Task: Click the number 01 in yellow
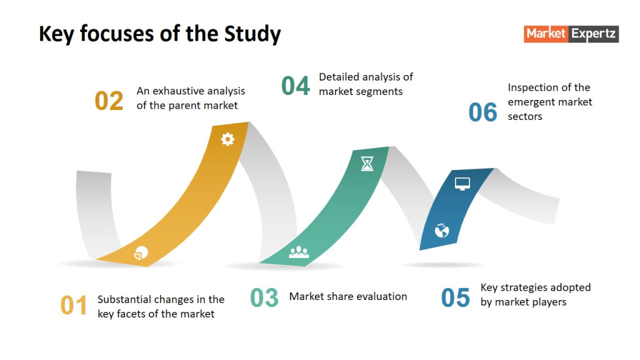pos(74,305)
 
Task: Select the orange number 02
pos(109,101)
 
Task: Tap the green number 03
pos(264,297)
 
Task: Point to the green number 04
pos(296,86)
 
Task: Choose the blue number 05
pos(456,297)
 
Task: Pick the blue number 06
pos(483,112)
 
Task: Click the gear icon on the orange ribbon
pos(227,139)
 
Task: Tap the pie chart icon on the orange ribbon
pos(141,253)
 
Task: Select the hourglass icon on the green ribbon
pos(367,164)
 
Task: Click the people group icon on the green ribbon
pos(299,252)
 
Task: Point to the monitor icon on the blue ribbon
pos(462,184)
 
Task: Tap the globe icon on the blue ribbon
pos(442,231)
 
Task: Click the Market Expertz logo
pos(571,34)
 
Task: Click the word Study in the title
pos(252,34)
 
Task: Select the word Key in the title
pos(56,34)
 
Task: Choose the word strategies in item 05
pos(524,288)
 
